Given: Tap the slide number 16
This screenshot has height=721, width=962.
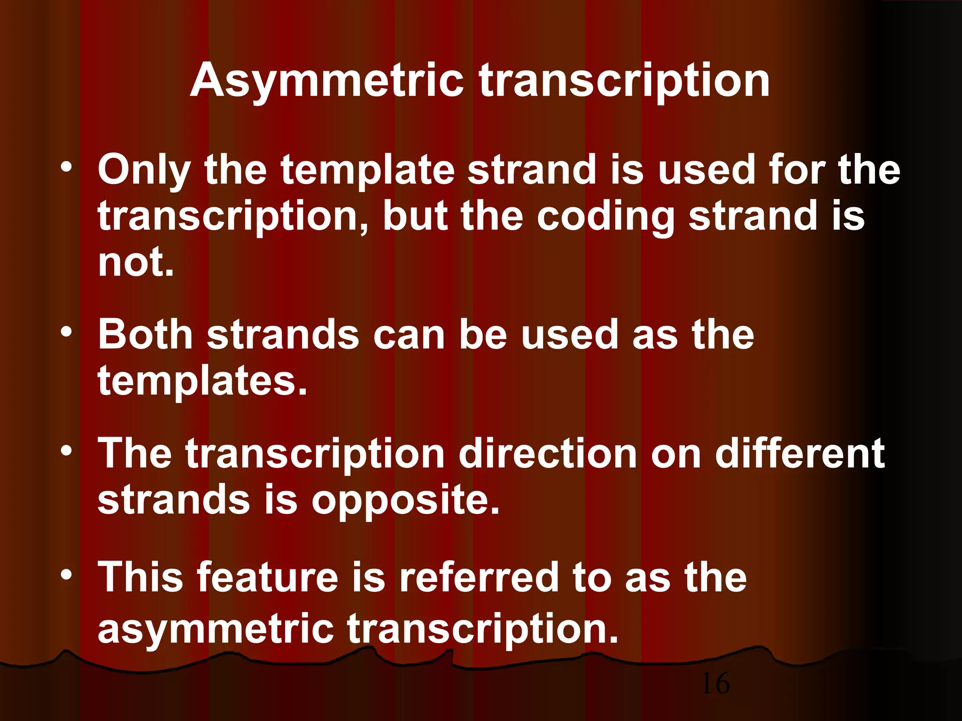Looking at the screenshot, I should (715, 683).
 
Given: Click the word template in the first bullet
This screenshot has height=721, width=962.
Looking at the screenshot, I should (368, 170).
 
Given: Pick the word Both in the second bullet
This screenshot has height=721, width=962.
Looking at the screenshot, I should (145, 334).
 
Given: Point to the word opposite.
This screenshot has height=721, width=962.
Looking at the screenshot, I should (405, 499).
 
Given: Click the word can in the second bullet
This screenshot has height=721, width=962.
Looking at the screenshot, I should (408, 334).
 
